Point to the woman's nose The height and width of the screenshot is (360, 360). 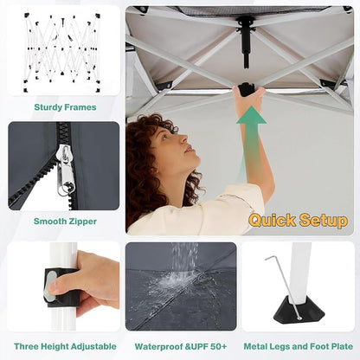pyautogui.click(x=183, y=139)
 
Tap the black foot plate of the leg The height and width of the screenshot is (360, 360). pyautogui.click(x=299, y=310)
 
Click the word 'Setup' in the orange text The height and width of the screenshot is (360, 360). pyautogui.click(x=324, y=221)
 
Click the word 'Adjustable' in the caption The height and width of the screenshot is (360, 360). pyautogui.click(x=93, y=346)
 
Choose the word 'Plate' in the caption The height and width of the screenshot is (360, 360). pyautogui.click(x=340, y=346)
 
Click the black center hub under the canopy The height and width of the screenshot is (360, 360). pyautogui.click(x=246, y=41)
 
